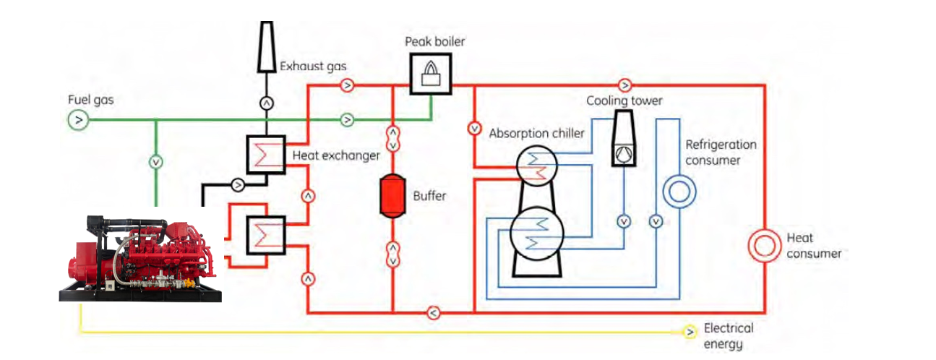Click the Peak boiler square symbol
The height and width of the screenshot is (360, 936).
[x=431, y=74]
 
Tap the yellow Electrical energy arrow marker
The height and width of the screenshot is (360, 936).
[x=690, y=332]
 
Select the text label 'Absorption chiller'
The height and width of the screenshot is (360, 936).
[x=536, y=134]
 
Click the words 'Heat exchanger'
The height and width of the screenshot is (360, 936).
[x=336, y=155]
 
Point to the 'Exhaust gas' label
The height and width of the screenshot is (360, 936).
[x=313, y=67]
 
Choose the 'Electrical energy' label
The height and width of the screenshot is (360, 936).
[x=729, y=336]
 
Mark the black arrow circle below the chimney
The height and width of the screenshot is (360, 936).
[x=267, y=103]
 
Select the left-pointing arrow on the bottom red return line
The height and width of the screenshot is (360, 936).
[x=431, y=313]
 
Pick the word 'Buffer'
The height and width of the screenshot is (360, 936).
[x=430, y=195]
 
